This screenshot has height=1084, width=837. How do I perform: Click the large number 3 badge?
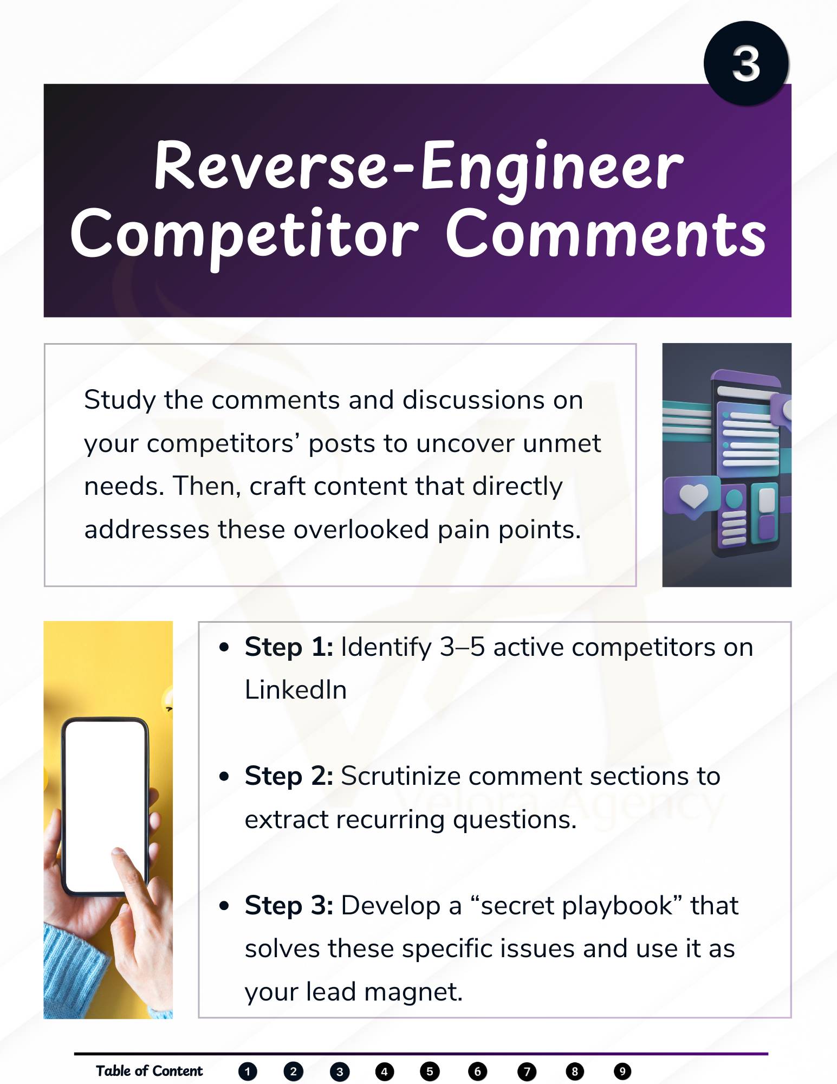[x=746, y=63]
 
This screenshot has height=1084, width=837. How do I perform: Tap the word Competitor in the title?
[x=244, y=236]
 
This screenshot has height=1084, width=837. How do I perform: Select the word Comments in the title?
[x=606, y=234]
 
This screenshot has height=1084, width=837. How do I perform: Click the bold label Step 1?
[x=289, y=647]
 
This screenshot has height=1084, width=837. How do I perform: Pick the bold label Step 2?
[x=289, y=776]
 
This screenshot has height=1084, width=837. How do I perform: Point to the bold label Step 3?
[x=289, y=905]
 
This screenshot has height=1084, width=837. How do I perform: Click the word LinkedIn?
[x=296, y=690]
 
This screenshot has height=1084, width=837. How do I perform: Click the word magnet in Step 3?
[x=413, y=992]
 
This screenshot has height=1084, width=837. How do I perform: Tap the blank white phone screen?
[x=105, y=804]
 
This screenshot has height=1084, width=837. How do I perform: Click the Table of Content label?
[x=150, y=1071]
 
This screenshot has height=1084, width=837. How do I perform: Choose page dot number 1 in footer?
[x=248, y=1072]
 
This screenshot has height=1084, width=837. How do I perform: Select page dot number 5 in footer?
[x=430, y=1072]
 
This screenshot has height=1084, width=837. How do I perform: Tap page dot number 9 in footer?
[x=622, y=1072]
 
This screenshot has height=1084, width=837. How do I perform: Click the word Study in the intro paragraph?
[x=120, y=401]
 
